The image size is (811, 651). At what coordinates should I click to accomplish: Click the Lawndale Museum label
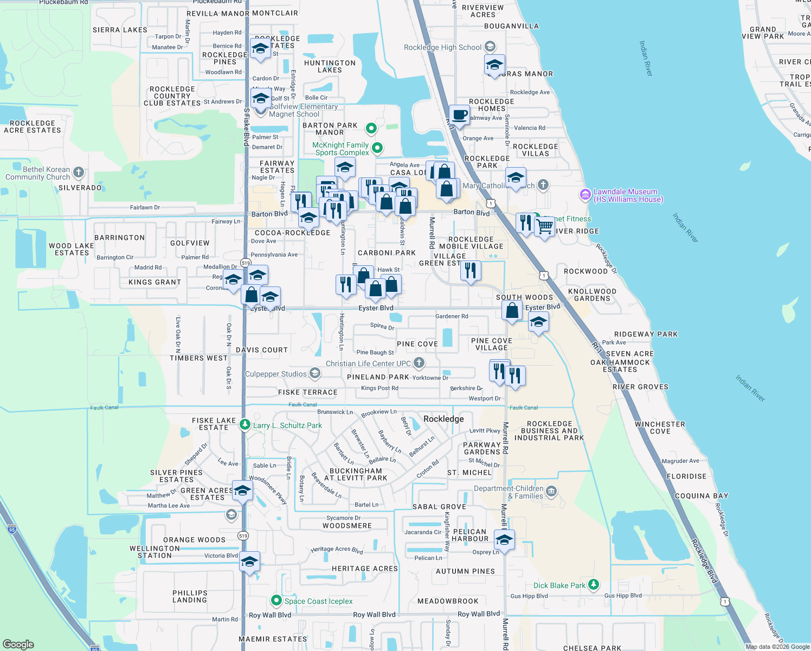coord(625,195)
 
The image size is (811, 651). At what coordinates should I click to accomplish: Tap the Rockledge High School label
coord(442,47)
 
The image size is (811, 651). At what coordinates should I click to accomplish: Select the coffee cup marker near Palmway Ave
coord(459,115)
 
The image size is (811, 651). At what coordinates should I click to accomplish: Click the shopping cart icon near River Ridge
coord(545,226)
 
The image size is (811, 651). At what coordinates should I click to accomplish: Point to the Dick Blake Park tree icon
coord(594,584)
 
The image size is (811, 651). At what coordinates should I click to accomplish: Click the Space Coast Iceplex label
coord(318,601)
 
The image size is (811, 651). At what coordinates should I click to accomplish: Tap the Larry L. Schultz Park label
coord(287,425)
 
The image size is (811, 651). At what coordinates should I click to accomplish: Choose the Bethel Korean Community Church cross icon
coord(79,173)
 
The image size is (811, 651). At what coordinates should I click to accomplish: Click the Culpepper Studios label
coord(276,374)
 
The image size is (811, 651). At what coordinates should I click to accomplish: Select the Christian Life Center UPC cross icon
coord(419,362)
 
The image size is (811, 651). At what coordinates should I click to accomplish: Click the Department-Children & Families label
coord(509,492)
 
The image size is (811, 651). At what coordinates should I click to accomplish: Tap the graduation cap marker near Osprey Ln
coord(504,540)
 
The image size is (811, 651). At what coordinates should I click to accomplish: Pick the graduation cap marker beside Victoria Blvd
coord(249,561)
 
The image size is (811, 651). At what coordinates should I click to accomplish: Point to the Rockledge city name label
coord(443,419)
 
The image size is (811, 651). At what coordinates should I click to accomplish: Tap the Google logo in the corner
coord(18,644)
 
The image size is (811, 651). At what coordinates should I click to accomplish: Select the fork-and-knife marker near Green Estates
coord(471,270)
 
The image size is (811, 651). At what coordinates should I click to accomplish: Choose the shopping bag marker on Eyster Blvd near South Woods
coord(512,311)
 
